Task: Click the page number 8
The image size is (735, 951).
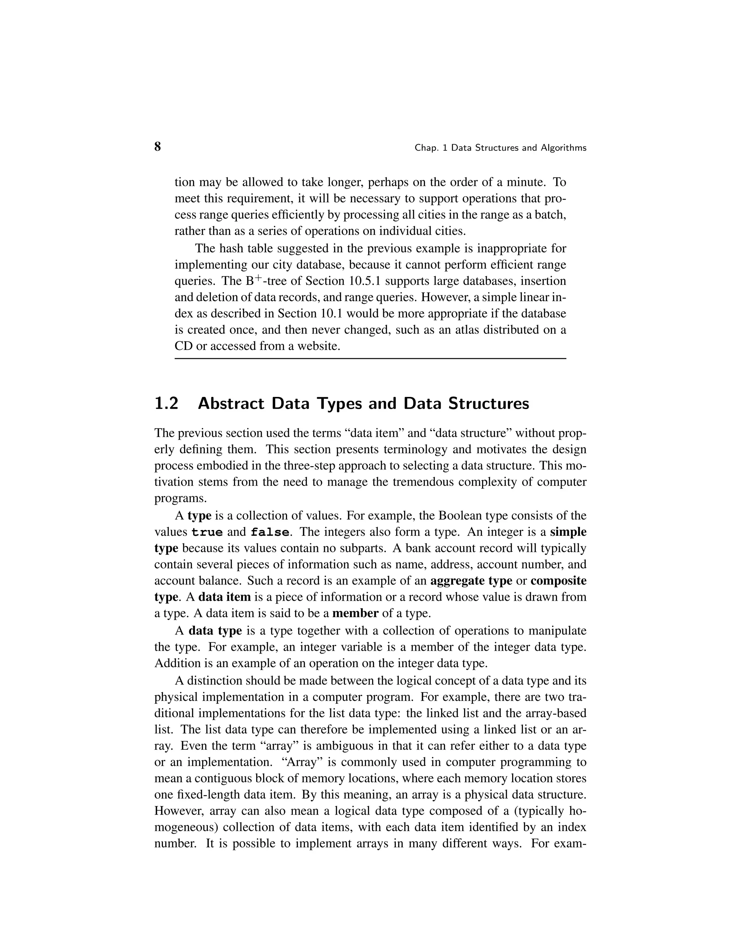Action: [x=158, y=147]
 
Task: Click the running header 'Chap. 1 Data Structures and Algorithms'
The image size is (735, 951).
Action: [x=500, y=148]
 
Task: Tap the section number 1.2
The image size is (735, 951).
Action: [x=166, y=404]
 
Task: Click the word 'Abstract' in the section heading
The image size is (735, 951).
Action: [x=231, y=404]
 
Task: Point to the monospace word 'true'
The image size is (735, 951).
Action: [x=207, y=533]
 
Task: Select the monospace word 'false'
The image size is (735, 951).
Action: [x=270, y=533]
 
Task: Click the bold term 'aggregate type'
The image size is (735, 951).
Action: [x=471, y=581]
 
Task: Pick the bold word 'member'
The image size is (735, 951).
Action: [x=355, y=614]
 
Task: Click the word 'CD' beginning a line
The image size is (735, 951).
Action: [x=183, y=346]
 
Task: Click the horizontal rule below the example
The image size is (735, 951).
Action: [x=370, y=359]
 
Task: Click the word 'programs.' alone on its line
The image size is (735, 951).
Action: [x=174, y=498]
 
